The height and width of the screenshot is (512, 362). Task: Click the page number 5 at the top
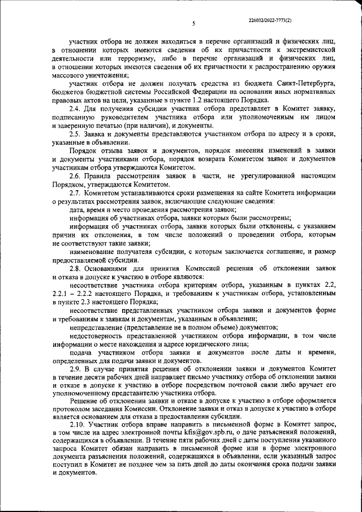click(193, 24)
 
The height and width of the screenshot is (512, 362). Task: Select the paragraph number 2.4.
click(75, 108)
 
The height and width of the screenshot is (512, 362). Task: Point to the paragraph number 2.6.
click(75, 175)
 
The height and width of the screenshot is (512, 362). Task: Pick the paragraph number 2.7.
click(75, 192)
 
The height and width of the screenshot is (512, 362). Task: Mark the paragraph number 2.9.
click(75, 368)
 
